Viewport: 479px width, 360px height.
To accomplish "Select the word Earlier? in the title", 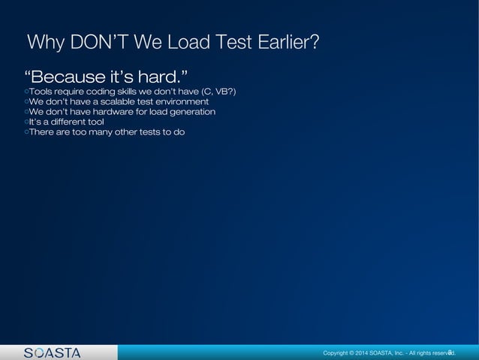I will click(x=287, y=42).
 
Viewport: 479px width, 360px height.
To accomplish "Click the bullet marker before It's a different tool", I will click(x=26, y=123).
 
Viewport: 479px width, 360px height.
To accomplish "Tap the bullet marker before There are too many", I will click(x=26, y=133).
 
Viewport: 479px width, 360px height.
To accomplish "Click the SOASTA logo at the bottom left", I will click(x=52, y=352).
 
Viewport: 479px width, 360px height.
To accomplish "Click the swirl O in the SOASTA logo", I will click(x=38, y=352).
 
